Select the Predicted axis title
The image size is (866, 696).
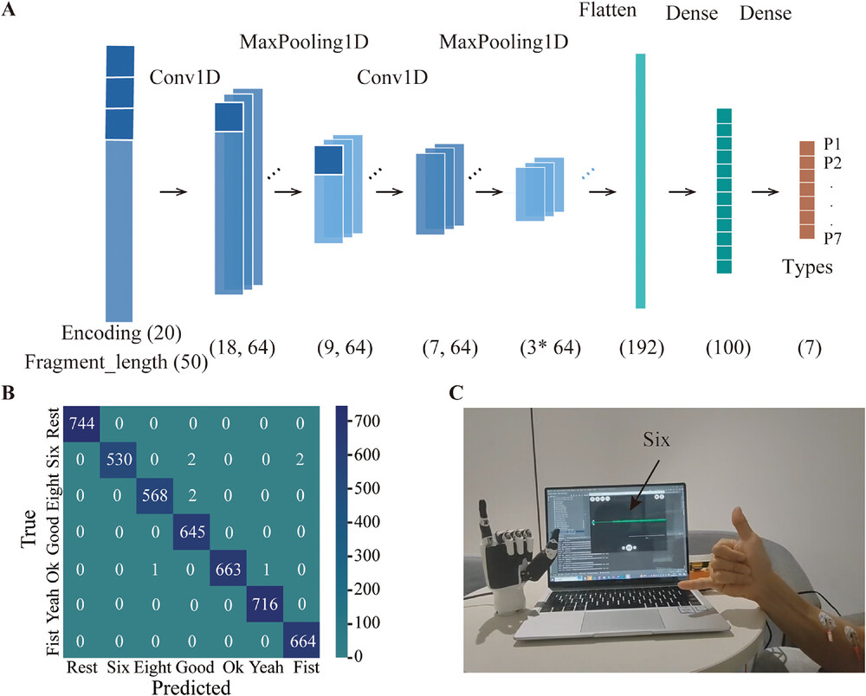191,687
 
